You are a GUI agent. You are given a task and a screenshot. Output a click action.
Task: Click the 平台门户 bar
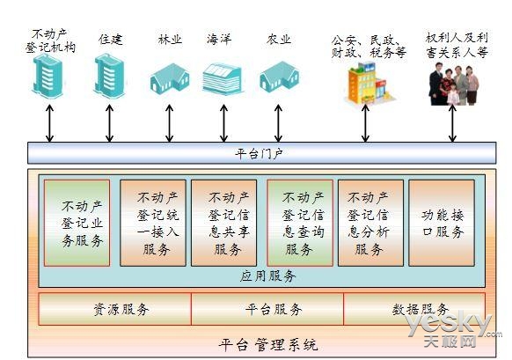pyautogui.click(x=260, y=154)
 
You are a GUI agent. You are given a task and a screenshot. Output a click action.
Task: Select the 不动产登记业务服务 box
pyautogui.click(x=77, y=223)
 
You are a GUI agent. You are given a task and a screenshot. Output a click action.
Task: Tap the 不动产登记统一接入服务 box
pyautogui.click(x=152, y=223)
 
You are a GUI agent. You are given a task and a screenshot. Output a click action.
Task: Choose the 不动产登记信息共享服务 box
pyautogui.click(x=224, y=223)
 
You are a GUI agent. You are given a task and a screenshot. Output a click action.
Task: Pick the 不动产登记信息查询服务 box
pyautogui.click(x=299, y=223)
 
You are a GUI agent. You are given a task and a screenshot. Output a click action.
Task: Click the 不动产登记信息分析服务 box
pyautogui.click(x=370, y=223)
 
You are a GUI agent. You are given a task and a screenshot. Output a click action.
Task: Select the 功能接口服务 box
pyautogui.click(x=443, y=223)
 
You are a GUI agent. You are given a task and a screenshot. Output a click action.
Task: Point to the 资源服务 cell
pyautogui.click(x=115, y=309)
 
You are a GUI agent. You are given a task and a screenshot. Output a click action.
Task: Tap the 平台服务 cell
pyautogui.click(x=267, y=309)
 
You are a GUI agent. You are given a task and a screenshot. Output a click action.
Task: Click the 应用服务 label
pyautogui.click(x=267, y=276)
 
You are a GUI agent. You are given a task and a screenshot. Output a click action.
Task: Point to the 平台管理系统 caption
pyautogui.click(x=267, y=344)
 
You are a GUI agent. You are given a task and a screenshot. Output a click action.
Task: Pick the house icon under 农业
pyautogui.click(x=279, y=77)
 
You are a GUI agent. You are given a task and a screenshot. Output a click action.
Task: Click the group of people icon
pyautogui.click(x=454, y=84)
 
